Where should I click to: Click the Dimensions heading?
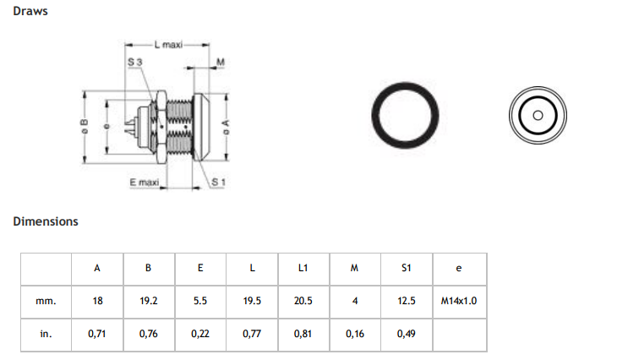(x=46, y=221)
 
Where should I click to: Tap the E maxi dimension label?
(x=145, y=182)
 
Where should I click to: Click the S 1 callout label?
(x=217, y=182)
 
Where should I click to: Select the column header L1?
(x=303, y=269)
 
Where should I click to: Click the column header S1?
(x=406, y=269)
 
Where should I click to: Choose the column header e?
(x=458, y=269)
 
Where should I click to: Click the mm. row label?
(x=46, y=301)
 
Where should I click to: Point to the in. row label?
(x=46, y=334)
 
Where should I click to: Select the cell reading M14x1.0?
(x=459, y=301)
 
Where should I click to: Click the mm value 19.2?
(x=148, y=301)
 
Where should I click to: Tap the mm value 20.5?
(x=303, y=301)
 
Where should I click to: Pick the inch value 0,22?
(x=199, y=334)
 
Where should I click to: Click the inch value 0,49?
(x=406, y=334)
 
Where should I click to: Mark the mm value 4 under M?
(x=354, y=301)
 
